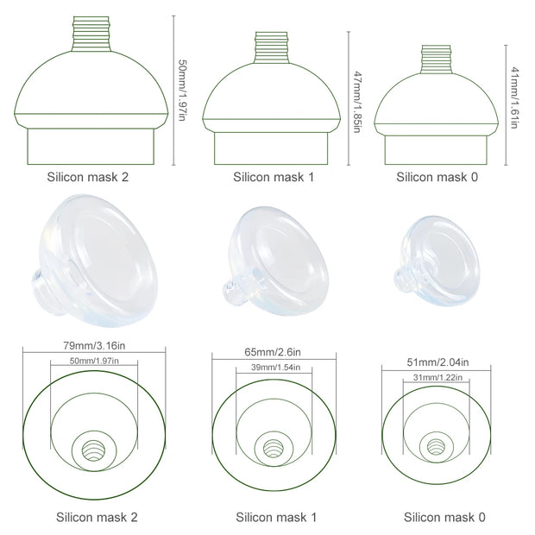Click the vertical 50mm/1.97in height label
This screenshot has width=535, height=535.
[181, 91]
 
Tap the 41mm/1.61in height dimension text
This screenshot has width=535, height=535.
[514, 97]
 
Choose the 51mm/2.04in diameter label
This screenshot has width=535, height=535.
[434, 362]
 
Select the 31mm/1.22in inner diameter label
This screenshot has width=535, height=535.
[434, 376]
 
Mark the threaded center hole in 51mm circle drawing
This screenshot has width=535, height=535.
[434, 449]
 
